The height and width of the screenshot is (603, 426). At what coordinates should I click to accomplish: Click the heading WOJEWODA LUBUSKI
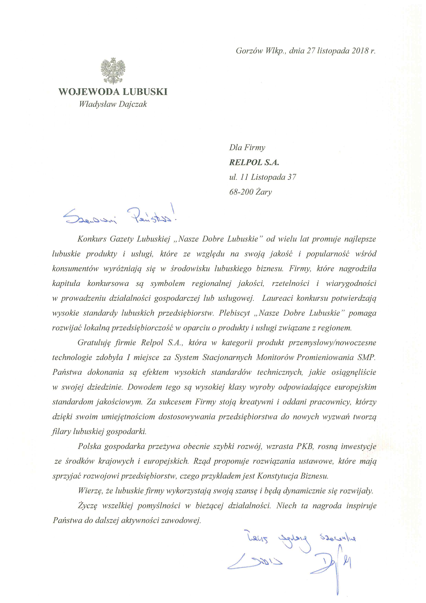coord(113,92)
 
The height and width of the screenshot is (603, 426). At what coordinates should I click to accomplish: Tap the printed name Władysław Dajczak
coord(113,105)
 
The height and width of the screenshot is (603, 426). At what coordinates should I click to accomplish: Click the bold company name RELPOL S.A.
coord(254,162)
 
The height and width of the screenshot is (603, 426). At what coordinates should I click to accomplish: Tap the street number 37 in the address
coord(292,177)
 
